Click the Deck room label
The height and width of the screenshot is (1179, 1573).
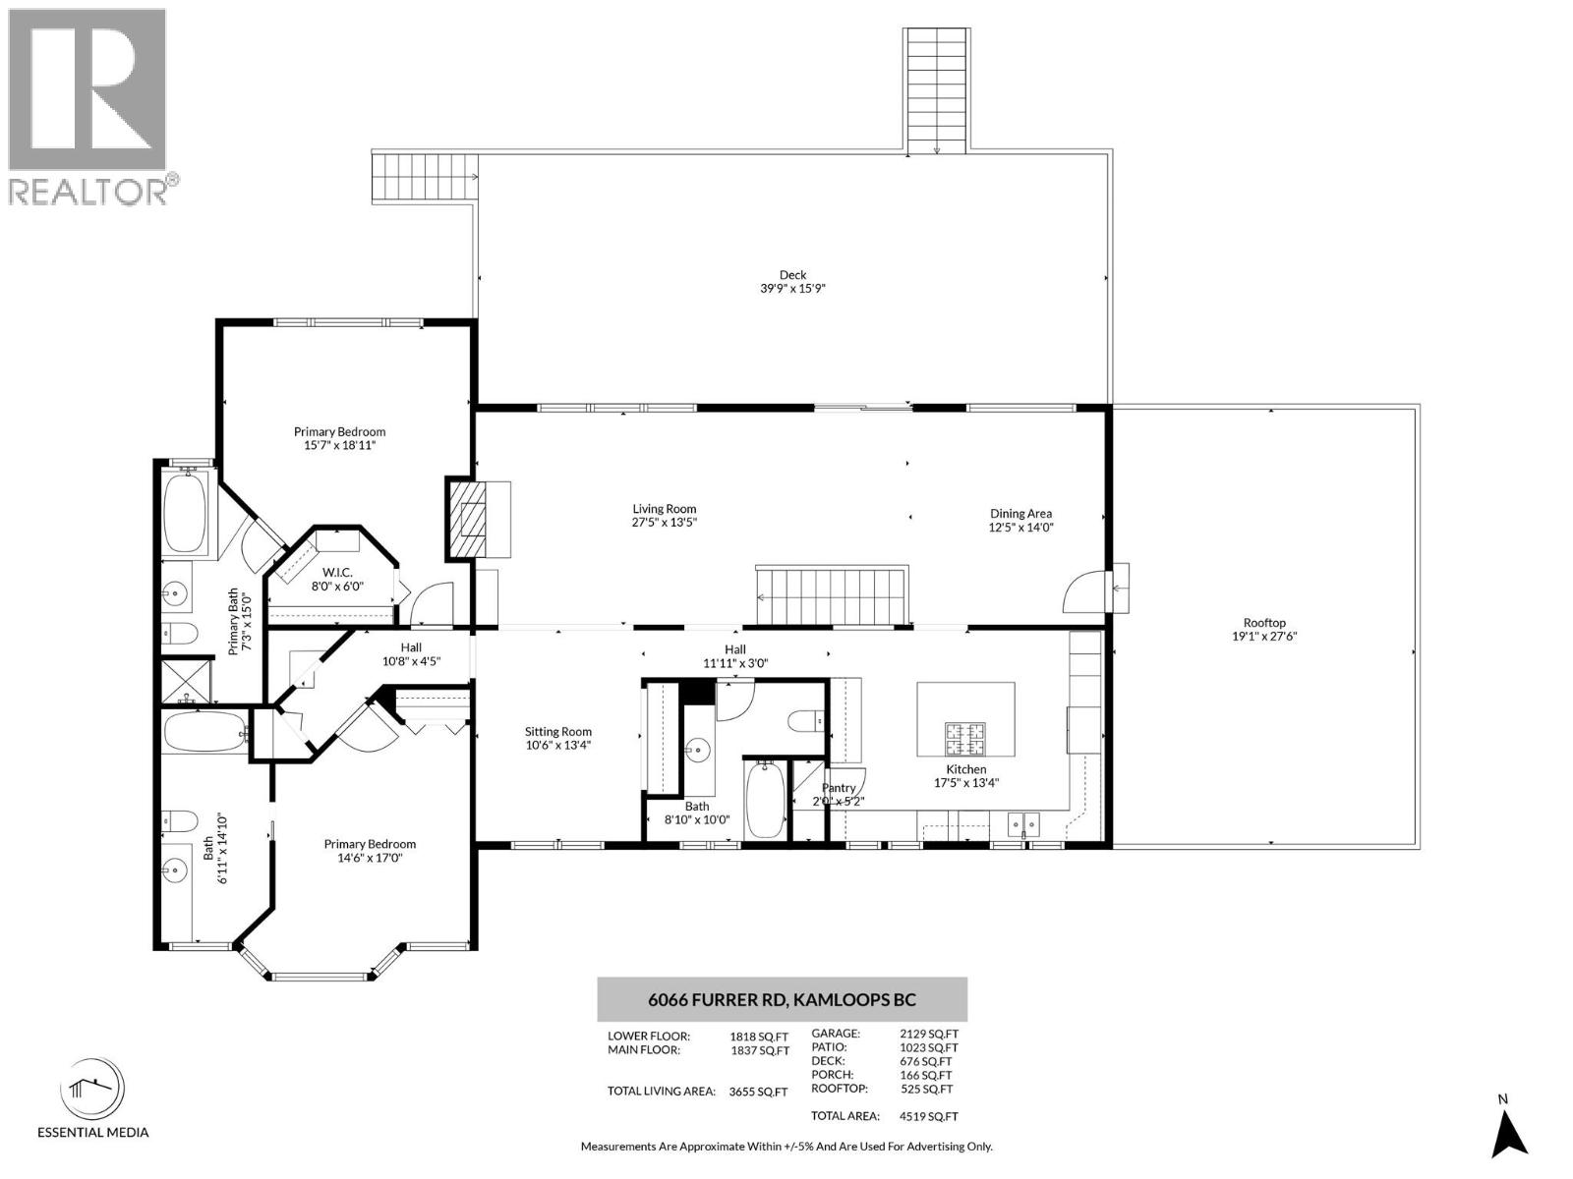click(792, 275)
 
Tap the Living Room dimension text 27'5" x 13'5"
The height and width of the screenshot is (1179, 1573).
click(664, 523)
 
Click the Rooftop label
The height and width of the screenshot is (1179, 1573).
click(1264, 622)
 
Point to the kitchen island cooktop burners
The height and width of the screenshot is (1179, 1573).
click(965, 732)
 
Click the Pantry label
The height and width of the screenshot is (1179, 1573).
click(839, 787)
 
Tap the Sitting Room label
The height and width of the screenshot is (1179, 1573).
click(557, 731)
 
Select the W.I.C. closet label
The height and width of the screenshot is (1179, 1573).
click(337, 572)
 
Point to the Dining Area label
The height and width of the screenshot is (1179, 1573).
click(1020, 513)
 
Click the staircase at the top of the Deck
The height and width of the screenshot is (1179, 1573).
click(936, 88)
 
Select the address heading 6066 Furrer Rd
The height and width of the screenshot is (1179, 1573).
click(782, 1000)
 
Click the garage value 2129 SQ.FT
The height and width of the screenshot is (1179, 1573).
click(928, 1034)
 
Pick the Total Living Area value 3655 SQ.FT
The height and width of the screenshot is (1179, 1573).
click(758, 1092)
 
